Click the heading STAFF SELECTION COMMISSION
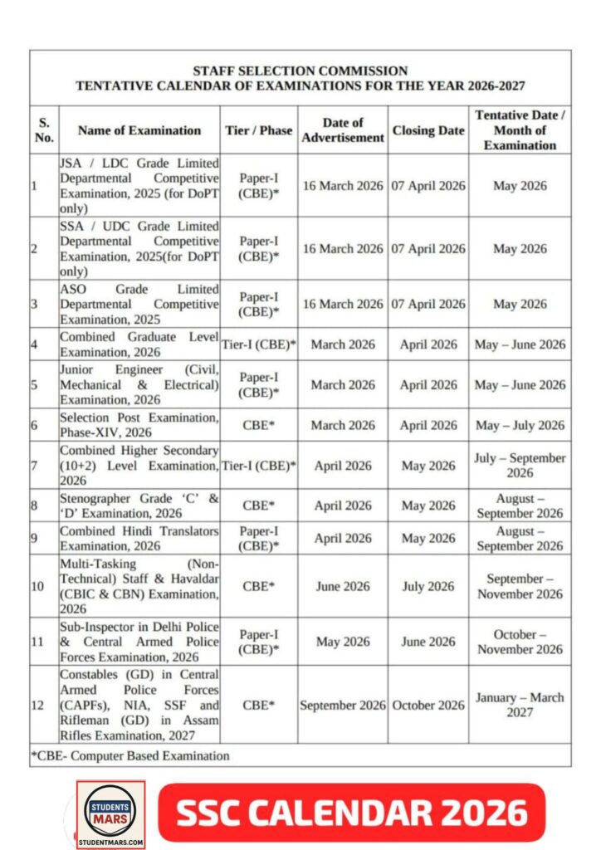click(300, 71)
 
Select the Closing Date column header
click(428, 130)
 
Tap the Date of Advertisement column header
click(343, 130)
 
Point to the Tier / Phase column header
click(259, 130)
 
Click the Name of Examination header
click(139, 130)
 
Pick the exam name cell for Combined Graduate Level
click(139, 344)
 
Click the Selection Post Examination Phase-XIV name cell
click(139, 425)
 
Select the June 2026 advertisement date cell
click(343, 586)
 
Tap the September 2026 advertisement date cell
click(343, 706)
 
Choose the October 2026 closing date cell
click(428, 706)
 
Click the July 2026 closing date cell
click(428, 586)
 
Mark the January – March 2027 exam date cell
click(520, 706)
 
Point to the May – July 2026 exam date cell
click(520, 425)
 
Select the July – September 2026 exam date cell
click(520, 465)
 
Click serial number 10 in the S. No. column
click(38, 586)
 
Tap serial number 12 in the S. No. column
click(38, 706)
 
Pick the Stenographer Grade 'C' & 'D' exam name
click(139, 506)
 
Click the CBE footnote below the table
click(130, 755)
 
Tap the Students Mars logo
click(110, 814)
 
